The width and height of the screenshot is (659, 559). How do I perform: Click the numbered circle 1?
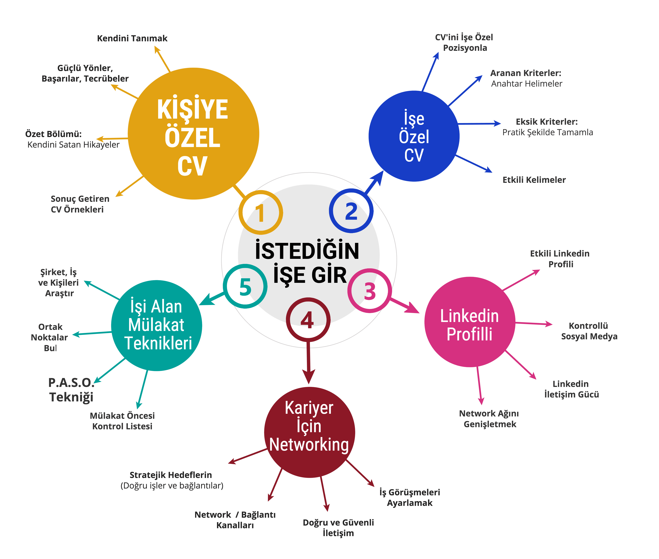click(260, 212)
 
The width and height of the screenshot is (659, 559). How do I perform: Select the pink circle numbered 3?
click(370, 291)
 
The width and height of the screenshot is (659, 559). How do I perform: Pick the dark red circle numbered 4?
click(308, 320)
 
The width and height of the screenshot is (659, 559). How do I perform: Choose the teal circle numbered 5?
click(245, 286)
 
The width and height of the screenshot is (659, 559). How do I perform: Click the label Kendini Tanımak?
click(132, 38)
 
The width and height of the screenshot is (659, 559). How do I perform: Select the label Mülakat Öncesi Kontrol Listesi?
click(122, 421)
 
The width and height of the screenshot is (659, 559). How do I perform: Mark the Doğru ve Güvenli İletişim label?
click(338, 528)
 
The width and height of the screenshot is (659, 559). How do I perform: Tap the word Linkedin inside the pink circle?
click(469, 316)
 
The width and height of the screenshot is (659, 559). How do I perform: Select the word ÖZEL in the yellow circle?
click(192, 138)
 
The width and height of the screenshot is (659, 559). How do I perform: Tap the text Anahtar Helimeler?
click(527, 84)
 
